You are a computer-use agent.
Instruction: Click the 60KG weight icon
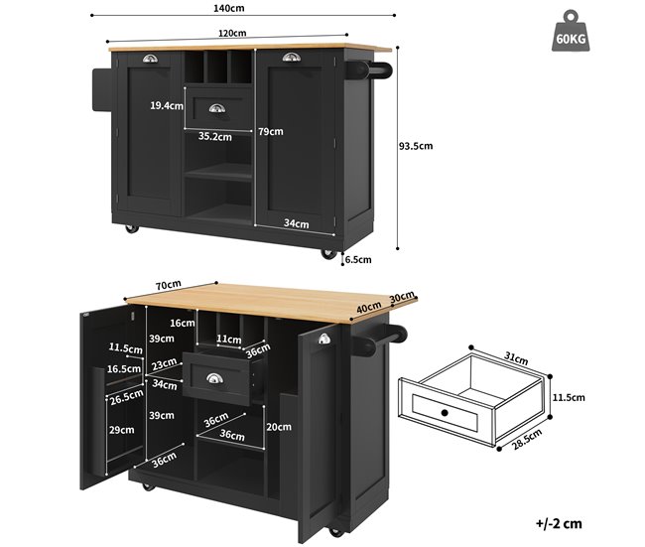[571, 32]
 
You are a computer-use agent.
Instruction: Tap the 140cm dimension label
[228, 8]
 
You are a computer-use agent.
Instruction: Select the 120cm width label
[232, 33]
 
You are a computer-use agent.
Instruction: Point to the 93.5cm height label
[416, 146]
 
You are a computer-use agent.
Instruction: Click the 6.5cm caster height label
[358, 259]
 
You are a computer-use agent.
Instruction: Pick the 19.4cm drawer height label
[167, 106]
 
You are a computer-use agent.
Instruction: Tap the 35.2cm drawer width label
[214, 137]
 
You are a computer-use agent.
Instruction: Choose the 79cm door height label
[271, 132]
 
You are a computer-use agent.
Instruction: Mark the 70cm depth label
[169, 285]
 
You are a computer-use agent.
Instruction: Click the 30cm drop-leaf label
[402, 297]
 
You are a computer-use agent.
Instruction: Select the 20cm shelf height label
[279, 427]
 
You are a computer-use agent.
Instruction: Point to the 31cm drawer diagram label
[516, 358]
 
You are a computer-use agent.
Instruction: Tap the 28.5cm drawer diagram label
[527, 439]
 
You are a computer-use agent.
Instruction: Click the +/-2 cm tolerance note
[559, 523]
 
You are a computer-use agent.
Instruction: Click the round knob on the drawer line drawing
[445, 412]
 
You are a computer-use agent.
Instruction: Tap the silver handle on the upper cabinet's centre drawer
[216, 108]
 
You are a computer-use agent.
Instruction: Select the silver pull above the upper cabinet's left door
[150, 59]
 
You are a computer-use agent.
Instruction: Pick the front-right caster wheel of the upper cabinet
[328, 253]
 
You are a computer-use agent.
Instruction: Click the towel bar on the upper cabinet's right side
[368, 69]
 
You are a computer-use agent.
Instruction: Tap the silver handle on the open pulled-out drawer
[214, 378]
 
